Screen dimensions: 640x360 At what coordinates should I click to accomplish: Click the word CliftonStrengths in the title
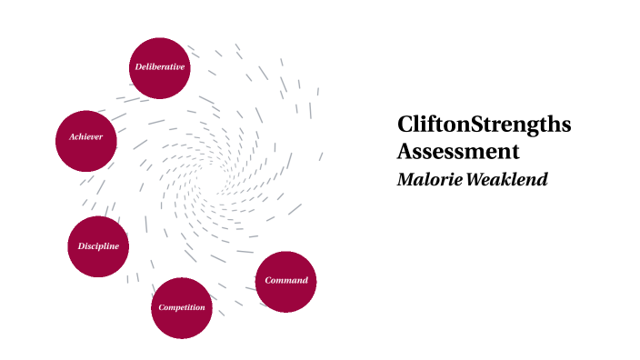[x=484, y=125]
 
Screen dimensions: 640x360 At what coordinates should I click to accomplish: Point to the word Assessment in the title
[x=457, y=151]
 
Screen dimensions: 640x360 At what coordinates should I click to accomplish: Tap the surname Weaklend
[x=508, y=179]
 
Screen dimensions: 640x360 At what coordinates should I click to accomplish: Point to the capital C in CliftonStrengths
[x=405, y=125]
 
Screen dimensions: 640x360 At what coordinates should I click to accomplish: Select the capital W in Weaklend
[x=478, y=179]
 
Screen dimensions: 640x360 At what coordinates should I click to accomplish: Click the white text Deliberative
[x=160, y=67]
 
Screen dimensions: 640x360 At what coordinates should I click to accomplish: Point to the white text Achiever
[x=86, y=137]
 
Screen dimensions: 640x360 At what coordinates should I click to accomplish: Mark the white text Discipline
[x=98, y=246]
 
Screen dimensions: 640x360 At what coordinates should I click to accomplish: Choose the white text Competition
[x=182, y=307]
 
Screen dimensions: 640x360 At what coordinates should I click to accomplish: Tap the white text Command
[x=286, y=280]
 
